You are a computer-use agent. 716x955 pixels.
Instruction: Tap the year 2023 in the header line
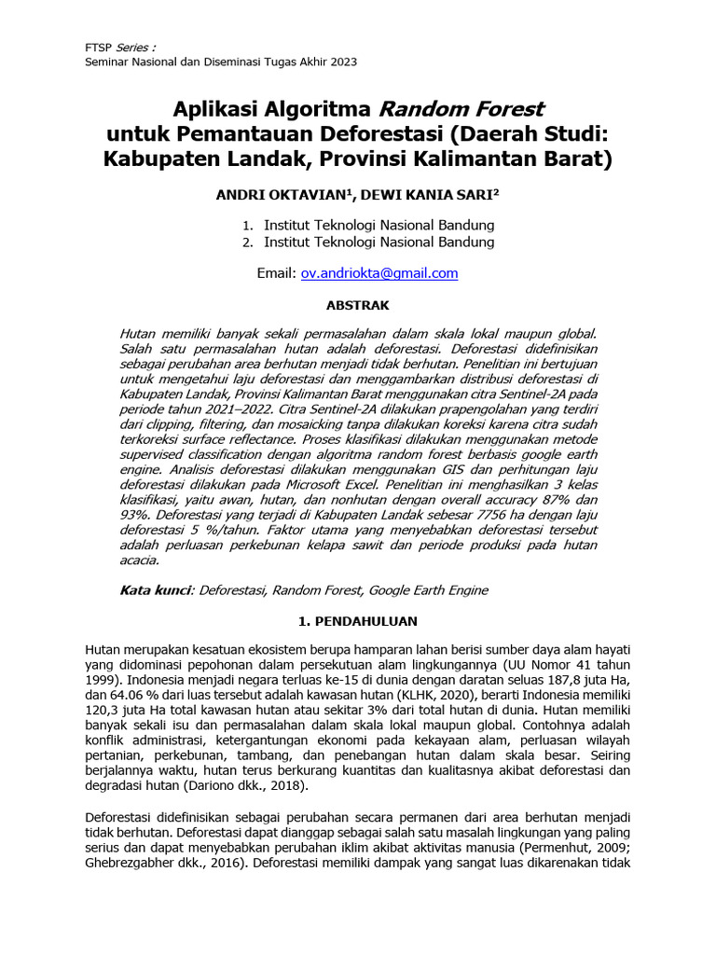341,62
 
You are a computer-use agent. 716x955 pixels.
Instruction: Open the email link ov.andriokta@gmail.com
379,273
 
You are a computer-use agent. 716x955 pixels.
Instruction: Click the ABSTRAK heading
357,305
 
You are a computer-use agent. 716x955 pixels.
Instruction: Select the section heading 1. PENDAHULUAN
357,621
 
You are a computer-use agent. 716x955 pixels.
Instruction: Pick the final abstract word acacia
141,560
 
